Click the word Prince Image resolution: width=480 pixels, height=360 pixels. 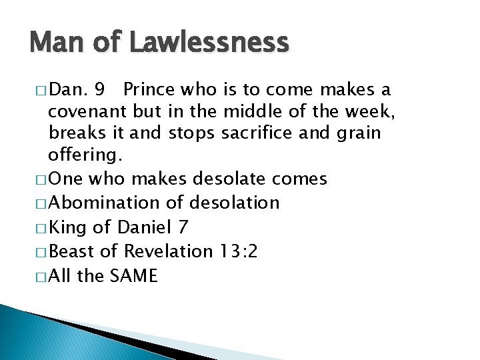pyautogui.click(x=148, y=89)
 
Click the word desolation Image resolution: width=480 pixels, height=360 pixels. pyautogui.click(x=235, y=203)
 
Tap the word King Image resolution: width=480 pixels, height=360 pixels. pyautogui.click(x=68, y=227)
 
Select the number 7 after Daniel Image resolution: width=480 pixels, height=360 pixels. pyautogui.click(x=183, y=227)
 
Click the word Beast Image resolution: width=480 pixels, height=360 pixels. pyautogui.click(x=73, y=251)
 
